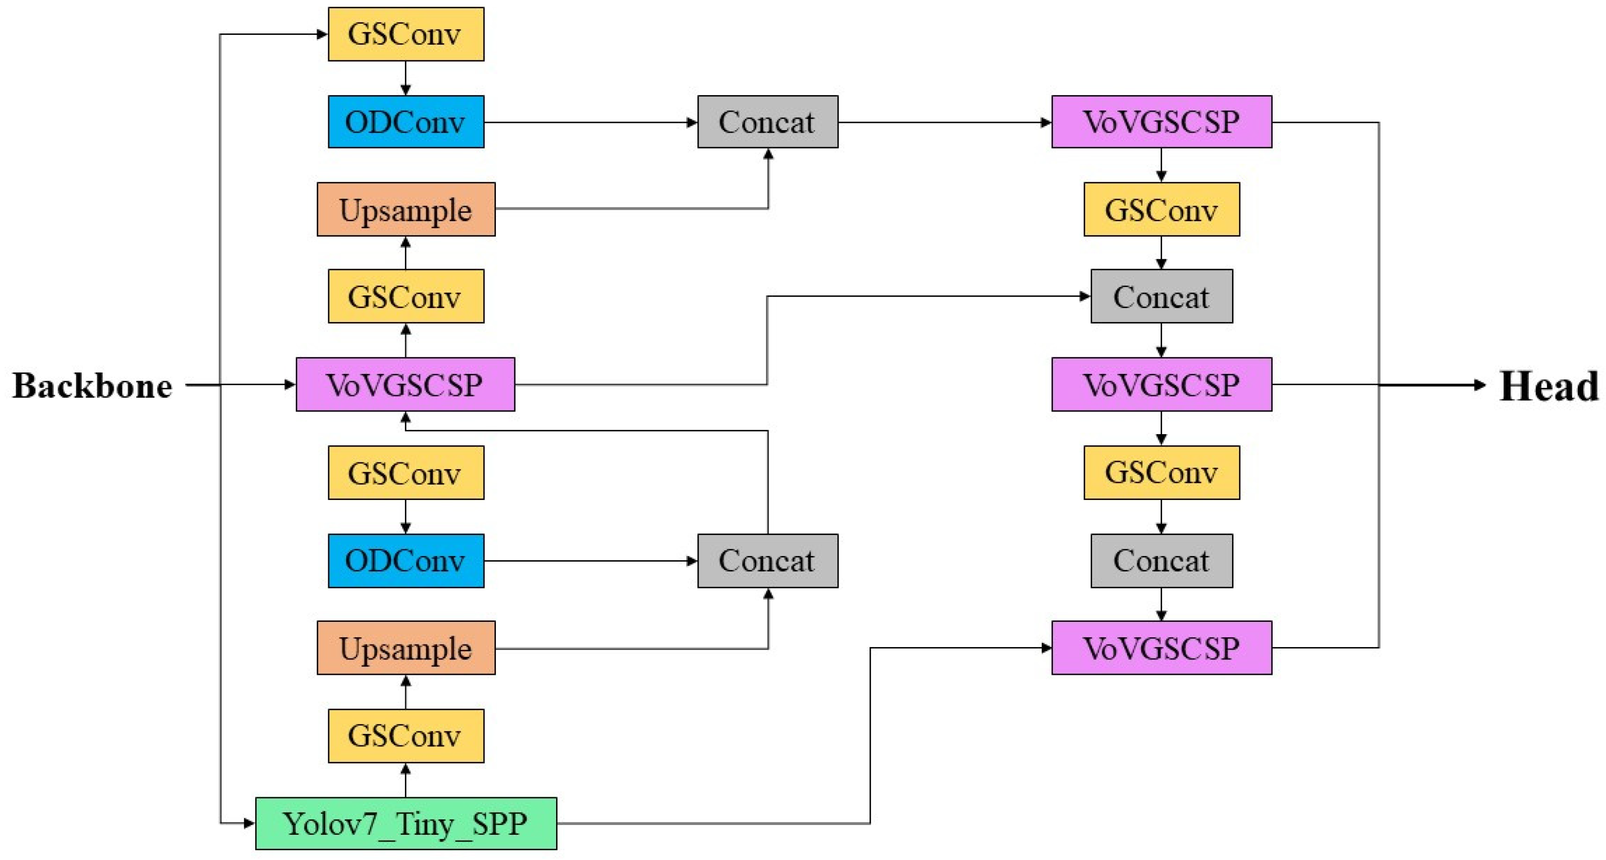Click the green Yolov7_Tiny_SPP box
tap(406, 823)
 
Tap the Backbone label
tap(92, 386)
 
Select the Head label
tap(1548, 386)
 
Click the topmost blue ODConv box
tap(406, 121)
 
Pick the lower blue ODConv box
tap(406, 560)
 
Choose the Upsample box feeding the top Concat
tap(406, 209)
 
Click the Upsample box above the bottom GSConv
tap(406, 648)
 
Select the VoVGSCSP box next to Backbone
tap(405, 385)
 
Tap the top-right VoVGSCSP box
tap(1161, 121)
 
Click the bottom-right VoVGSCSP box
tap(1161, 648)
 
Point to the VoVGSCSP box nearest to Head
tap(1161, 385)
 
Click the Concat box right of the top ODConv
tap(768, 121)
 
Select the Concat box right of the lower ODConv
tap(768, 560)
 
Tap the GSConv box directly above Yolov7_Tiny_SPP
tap(406, 736)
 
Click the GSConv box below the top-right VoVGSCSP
tap(1161, 209)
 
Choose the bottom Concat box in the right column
tap(1161, 560)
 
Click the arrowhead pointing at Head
tap(1479, 385)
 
